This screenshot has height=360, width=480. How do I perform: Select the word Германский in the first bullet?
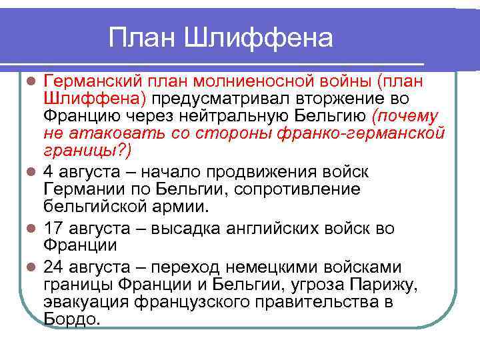93,81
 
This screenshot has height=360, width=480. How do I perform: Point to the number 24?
54,267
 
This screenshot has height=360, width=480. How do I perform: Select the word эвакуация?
87,302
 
